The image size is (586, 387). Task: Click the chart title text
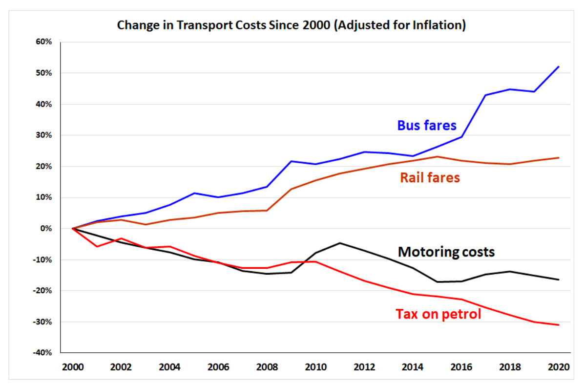291,25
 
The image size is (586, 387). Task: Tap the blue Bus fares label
427,126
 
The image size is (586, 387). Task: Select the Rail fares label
430,177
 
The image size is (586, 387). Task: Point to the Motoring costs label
446,252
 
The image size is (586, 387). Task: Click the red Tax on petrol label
438,313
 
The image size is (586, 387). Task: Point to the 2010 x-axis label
315,366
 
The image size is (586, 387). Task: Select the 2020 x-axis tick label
558,366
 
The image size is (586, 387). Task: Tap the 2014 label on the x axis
413,366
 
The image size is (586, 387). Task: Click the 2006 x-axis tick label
219,366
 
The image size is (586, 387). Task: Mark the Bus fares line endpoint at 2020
558,67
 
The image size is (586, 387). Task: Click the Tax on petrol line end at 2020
558,325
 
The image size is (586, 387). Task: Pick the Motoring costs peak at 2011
340,243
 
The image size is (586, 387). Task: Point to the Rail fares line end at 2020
558,158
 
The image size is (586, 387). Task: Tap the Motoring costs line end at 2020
558,279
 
